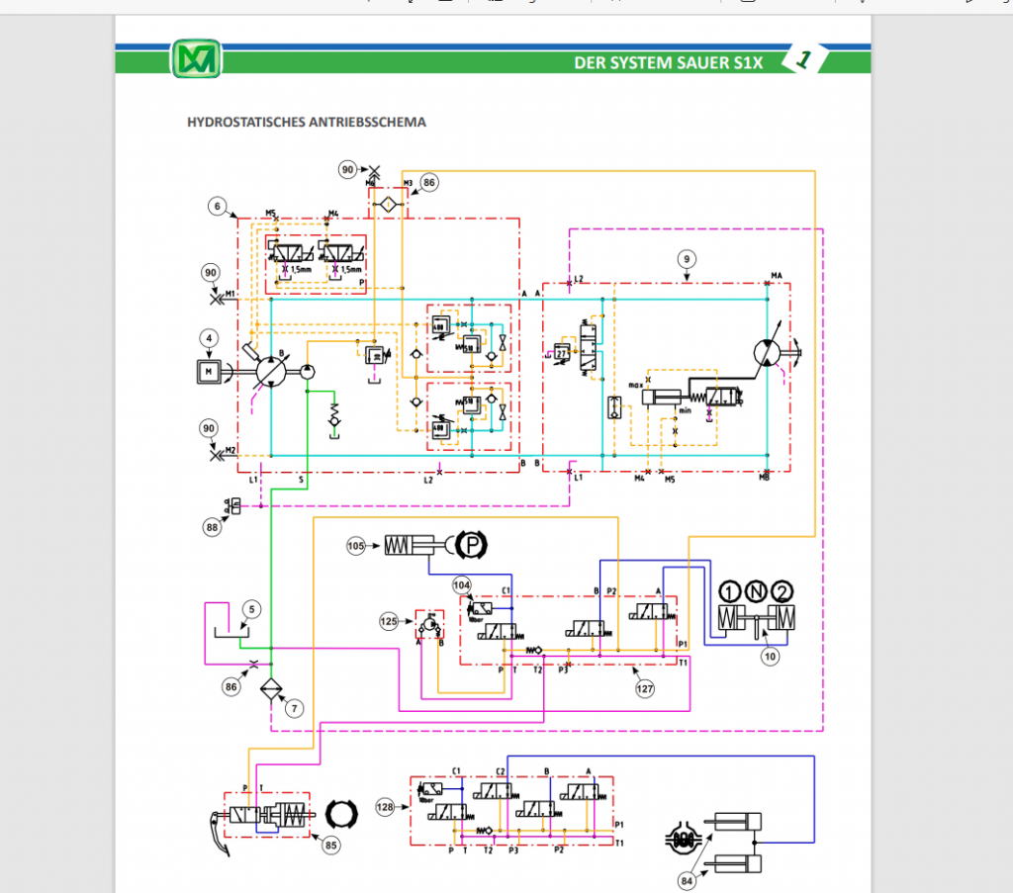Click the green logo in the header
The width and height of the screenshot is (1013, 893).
tap(196, 59)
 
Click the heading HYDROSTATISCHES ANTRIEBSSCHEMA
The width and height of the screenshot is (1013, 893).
tap(307, 123)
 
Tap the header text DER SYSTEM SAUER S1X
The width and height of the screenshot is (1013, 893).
tap(669, 62)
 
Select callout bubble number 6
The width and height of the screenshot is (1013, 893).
tap(217, 206)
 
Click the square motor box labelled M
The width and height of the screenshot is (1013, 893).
tap(210, 371)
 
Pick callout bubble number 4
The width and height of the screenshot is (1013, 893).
tap(209, 338)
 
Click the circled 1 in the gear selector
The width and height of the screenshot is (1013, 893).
tap(729, 592)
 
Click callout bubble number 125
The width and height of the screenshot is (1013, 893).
tap(390, 621)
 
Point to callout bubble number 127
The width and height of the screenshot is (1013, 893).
tap(645, 689)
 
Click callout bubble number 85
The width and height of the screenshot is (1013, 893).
tap(330, 845)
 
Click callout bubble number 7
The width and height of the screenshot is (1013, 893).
tap(295, 708)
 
